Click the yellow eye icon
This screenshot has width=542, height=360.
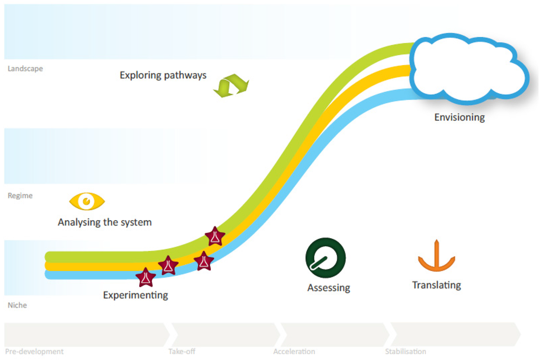[x=87, y=201]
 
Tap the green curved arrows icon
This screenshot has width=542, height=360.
[x=231, y=85]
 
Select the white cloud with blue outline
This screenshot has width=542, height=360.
[x=468, y=69]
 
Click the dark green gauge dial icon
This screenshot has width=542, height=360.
[x=325, y=258]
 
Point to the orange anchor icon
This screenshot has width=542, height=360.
[x=436, y=257]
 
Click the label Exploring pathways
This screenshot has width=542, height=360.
[x=163, y=75]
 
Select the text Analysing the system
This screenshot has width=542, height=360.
[x=105, y=222]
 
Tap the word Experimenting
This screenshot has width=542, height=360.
[x=135, y=295]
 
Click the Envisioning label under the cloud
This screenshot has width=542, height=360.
[x=459, y=117]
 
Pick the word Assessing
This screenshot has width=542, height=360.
[x=329, y=288]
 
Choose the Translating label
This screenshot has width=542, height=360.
[x=437, y=285]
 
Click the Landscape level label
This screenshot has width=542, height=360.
[x=25, y=68]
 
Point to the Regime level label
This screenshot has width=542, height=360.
[x=20, y=195]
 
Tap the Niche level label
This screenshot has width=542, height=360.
[x=17, y=305]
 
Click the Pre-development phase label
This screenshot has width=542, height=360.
[x=34, y=352]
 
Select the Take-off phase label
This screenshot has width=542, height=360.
[x=182, y=352]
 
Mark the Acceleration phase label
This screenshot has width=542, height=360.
[x=294, y=352]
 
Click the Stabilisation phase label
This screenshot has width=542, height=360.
[x=405, y=352]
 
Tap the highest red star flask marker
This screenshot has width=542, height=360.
[x=215, y=236]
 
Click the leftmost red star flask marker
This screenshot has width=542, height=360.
[x=146, y=277]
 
